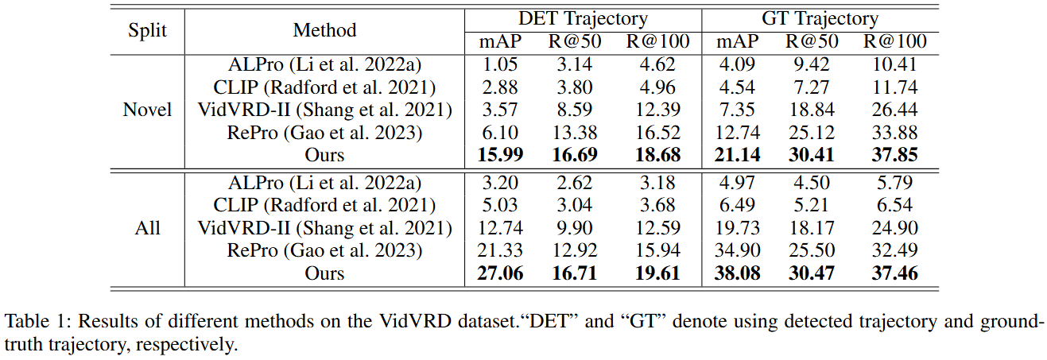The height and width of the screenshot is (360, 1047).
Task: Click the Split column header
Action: point(147,31)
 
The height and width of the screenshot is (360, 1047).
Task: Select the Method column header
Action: point(324,30)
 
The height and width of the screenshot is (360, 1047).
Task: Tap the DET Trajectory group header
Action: point(583,19)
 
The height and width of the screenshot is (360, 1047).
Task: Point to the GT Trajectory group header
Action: point(820,19)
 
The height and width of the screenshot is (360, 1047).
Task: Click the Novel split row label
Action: point(147,110)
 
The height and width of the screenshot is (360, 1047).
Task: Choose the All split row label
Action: point(147,228)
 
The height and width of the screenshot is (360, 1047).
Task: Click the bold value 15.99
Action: point(500,155)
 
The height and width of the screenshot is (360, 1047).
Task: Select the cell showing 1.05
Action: point(500,64)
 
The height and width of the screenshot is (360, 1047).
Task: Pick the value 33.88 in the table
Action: point(894,133)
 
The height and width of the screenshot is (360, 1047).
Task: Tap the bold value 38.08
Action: point(737,273)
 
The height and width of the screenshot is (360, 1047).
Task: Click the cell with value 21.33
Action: point(500,250)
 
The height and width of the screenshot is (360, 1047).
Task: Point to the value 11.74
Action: point(894,87)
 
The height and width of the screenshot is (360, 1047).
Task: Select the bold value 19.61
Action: point(657,273)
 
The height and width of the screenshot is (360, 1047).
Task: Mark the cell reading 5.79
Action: point(894,182)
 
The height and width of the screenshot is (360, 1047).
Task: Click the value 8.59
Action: point(575,110)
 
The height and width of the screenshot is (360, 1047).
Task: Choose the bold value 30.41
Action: point(812,155)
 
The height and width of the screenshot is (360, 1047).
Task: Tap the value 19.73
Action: point(737,228)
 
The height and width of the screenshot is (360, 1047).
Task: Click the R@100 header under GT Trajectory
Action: point(894,41)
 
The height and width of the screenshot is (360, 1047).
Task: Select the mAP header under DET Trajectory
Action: point(500,42)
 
